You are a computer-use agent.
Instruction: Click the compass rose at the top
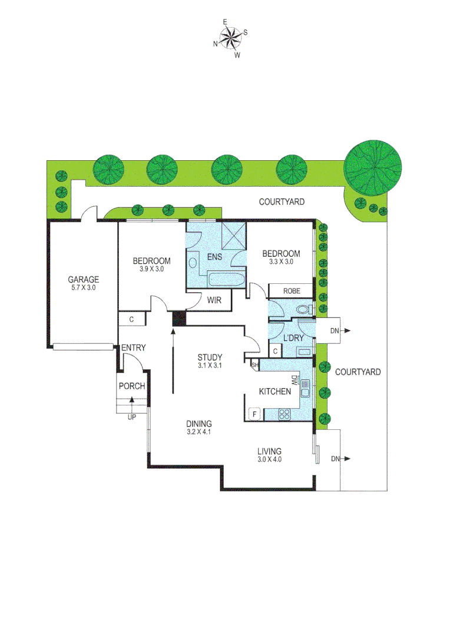(230, 39)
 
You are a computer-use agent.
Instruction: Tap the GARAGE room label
(83, 280)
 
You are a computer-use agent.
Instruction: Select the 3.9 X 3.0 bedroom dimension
(151, 269)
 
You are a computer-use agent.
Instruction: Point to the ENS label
(214, 256)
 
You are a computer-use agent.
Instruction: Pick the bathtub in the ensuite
(224, 280)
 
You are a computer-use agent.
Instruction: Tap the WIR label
(214, 299)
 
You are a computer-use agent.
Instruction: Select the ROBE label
(291, 291)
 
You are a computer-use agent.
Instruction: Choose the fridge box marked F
(255, 414)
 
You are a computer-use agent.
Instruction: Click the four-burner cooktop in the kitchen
(284, 414)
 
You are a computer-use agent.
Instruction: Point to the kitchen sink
(305, 387)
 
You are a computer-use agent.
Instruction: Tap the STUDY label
(209, 357)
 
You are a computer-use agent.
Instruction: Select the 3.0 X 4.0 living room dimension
(269, 459)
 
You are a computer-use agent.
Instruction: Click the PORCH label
(131, 386)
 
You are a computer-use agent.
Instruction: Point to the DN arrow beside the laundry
(341, 331)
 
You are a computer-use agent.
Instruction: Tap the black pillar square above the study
(178, 319)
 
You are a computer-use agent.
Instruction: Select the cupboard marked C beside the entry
(132, 320)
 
